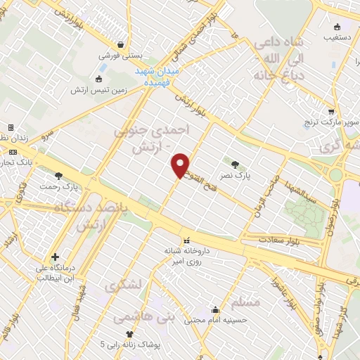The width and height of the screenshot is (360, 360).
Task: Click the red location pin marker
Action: point(181,165)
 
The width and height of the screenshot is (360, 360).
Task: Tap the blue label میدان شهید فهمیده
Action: point(159,77)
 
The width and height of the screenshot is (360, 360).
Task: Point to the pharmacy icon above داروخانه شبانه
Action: point(186,239)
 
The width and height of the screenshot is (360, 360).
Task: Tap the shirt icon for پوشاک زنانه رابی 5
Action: point(129,335)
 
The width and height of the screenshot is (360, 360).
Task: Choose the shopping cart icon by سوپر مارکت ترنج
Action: point(331,111)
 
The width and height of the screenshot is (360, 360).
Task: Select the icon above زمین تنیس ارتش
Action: point(98,79)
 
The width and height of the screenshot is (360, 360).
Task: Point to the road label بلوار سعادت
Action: point(264,240)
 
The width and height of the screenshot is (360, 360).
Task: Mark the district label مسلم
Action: point(245,301)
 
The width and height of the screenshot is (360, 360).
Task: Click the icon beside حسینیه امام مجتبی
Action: point(215,309)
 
